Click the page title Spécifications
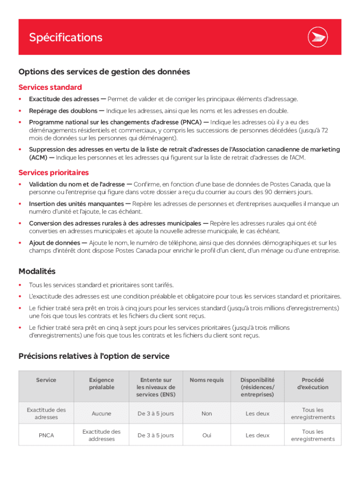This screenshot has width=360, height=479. (x=65, y=37)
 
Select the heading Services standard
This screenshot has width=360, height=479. (x=50, y=87)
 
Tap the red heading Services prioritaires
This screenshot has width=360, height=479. (x=53, y=173)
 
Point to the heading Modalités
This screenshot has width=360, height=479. (x=37, y=271)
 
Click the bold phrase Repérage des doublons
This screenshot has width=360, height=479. (x=64, y=111)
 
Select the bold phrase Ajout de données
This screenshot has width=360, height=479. (x=55, y=243)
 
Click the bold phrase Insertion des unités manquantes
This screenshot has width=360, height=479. (x=76, y=204)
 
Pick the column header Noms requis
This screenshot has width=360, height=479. (x=207, y=380)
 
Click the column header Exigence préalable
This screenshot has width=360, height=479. (x=101, y=384)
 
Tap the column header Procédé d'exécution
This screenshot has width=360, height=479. (x=312, y=384)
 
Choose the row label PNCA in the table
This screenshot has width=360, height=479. (x=46, y=435)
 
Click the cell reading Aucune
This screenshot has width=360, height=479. (x=101, y=414)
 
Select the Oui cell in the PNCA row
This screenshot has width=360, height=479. (x=207, y=435)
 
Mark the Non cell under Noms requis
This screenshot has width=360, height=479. (x=207, y=414)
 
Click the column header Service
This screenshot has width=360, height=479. (x=46, y=380)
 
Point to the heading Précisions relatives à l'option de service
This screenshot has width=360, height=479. (x=94, y=356)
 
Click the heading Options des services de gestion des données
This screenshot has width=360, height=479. (x=104, y=72)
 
